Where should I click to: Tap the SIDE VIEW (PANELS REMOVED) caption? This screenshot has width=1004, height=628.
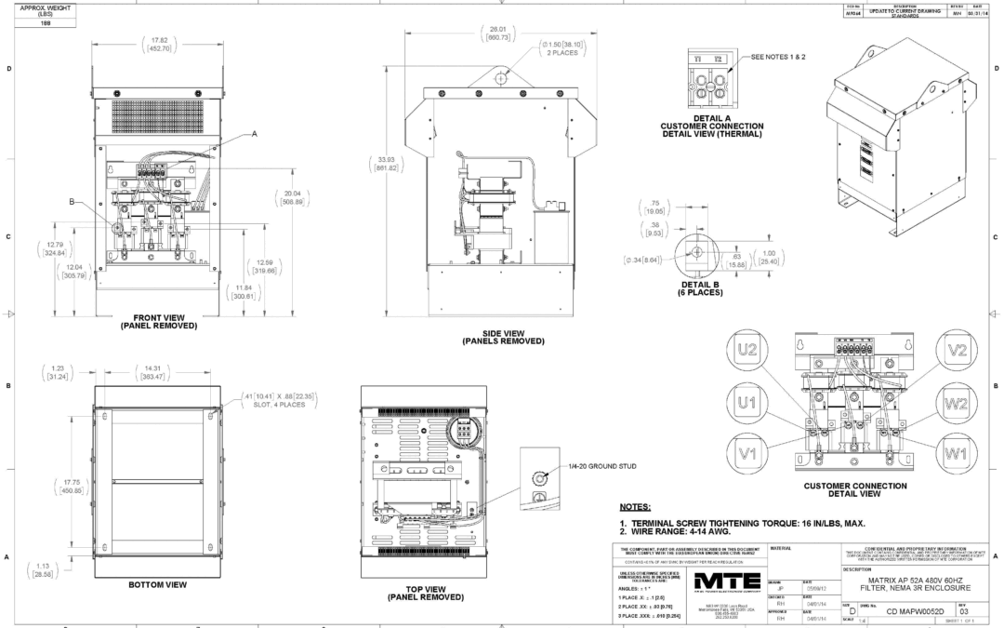click(x=503, y=337)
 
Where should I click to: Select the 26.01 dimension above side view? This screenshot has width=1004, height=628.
click(x=503, y=32)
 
